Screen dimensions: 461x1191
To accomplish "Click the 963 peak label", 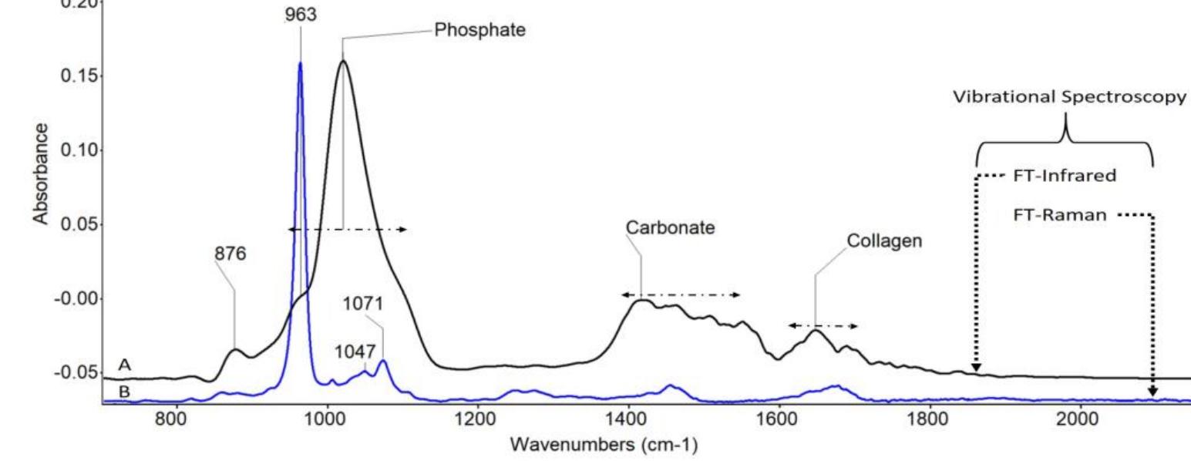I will point(300,15).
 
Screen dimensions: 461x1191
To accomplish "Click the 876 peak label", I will point(229,254).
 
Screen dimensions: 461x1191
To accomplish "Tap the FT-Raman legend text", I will point(1060,216).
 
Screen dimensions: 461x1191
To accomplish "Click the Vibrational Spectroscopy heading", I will point(1070,99).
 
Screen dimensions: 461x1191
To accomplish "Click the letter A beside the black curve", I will point(124,365).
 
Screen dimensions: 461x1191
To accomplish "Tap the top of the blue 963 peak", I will point(300,63).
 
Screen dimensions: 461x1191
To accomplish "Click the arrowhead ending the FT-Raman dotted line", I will point(1152,392).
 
